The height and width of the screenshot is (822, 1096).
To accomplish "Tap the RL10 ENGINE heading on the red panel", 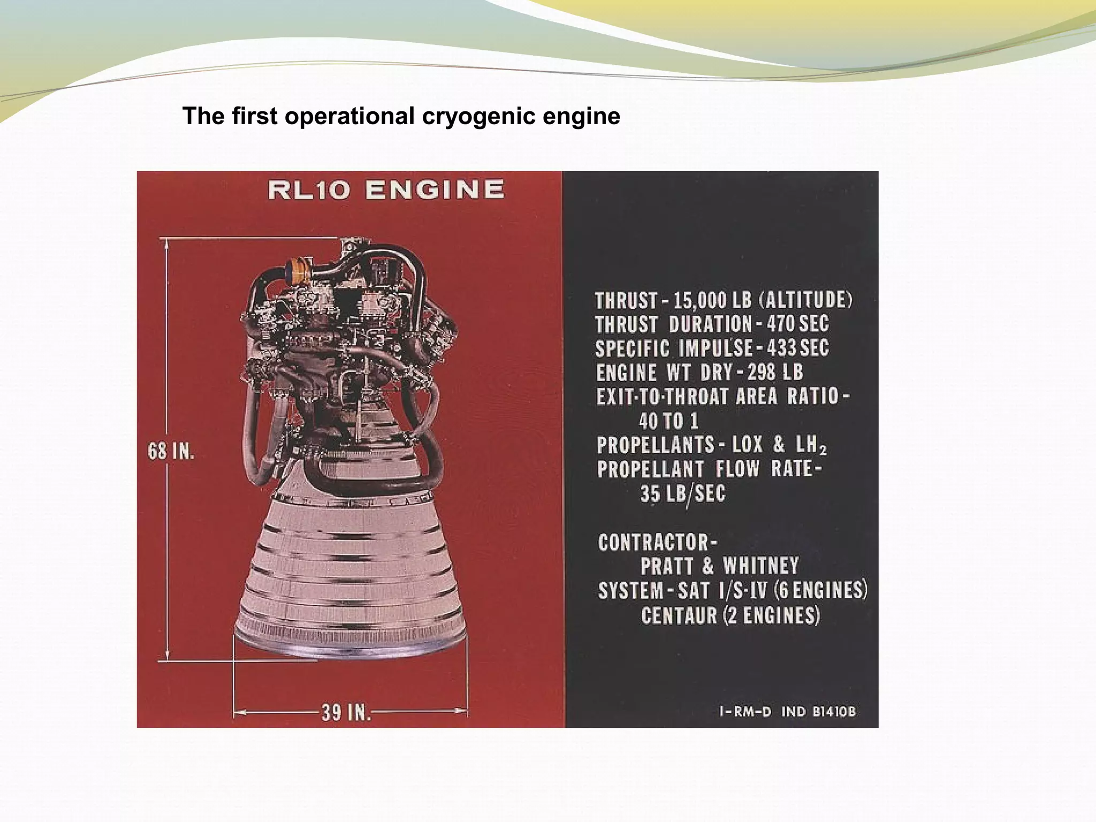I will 386,190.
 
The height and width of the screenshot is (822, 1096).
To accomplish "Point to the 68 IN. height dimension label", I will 171,451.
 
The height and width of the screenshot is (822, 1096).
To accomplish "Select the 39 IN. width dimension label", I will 346,712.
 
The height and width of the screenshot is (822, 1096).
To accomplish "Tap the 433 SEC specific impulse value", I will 797,348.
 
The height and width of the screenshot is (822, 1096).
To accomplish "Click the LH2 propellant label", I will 810,445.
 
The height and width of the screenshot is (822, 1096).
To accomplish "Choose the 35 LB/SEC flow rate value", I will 683,493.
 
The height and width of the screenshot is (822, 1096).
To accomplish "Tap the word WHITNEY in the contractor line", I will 760,566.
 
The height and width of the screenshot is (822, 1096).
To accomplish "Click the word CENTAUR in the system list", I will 679,615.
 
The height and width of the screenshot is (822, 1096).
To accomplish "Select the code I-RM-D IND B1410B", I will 787,712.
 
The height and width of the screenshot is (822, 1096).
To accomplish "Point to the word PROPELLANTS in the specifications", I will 656,445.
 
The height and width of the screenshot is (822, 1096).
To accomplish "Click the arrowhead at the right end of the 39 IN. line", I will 461,711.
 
